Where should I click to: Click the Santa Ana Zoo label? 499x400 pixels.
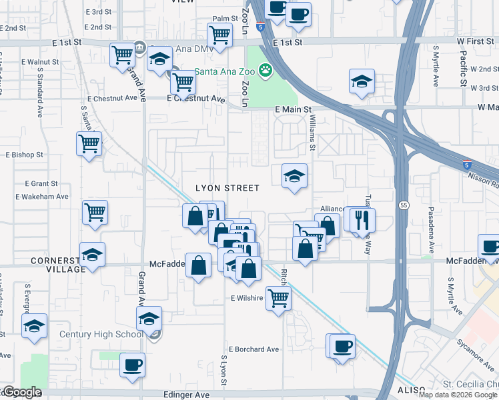225,71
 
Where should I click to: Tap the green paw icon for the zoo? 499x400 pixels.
266,69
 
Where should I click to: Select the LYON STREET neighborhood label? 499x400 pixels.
227,188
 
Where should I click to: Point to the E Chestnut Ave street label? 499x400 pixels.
195,98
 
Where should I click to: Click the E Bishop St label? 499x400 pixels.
24,154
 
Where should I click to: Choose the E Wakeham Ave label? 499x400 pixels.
42,197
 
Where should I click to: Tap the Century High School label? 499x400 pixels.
101,334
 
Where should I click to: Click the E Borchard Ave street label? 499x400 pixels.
254,349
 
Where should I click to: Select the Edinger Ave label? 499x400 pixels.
187,395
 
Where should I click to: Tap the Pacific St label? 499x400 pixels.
462,67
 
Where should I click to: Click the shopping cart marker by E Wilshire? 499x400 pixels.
278,297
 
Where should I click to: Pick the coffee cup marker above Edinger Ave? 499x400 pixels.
131,365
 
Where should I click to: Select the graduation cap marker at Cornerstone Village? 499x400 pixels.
92,254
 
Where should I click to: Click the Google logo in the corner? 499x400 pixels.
22,393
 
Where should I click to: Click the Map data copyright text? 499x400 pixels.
458,395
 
